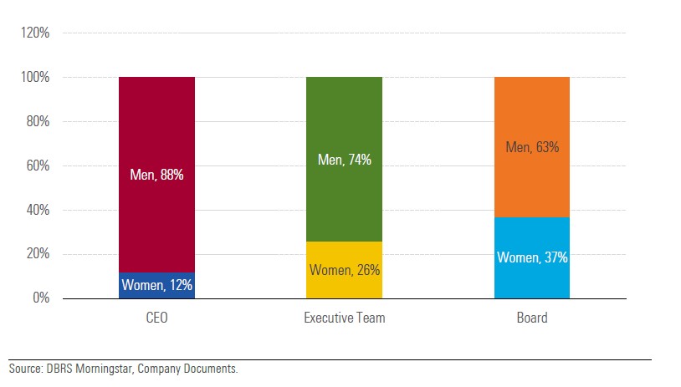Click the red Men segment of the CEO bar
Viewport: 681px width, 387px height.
156,134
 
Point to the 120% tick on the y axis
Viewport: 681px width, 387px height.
36,33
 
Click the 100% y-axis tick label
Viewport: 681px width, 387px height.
36,78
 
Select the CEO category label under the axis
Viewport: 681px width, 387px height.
156,318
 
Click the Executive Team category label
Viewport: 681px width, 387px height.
344,318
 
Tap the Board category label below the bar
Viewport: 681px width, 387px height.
531,318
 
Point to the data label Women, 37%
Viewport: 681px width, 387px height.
532,257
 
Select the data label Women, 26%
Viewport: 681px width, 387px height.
345,270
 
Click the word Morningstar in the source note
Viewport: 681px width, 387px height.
103,369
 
